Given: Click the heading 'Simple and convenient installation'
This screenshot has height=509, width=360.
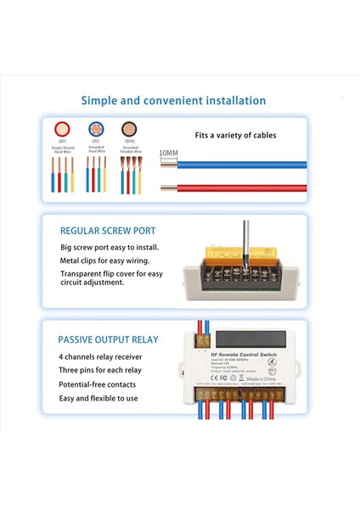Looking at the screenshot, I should [x=173, y=100].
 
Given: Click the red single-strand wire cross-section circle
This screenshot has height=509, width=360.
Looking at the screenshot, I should [x=61, y=130].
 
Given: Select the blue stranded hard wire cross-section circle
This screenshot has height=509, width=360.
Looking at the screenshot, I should [x=95, y=130].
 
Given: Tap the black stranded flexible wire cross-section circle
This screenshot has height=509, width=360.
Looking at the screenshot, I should [x=129, y=130].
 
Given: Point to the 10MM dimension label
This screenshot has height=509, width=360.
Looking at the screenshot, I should [x=169, y=153].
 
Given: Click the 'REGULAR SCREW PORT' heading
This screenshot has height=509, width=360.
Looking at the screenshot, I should [x=108, y=231].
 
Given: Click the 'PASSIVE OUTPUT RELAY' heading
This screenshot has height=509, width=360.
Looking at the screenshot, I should [x=108, y=339].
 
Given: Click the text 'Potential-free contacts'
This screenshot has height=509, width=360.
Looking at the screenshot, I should [x=97, y=384].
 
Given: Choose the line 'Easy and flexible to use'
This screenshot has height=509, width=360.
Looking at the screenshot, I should [x=98, y=398].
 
